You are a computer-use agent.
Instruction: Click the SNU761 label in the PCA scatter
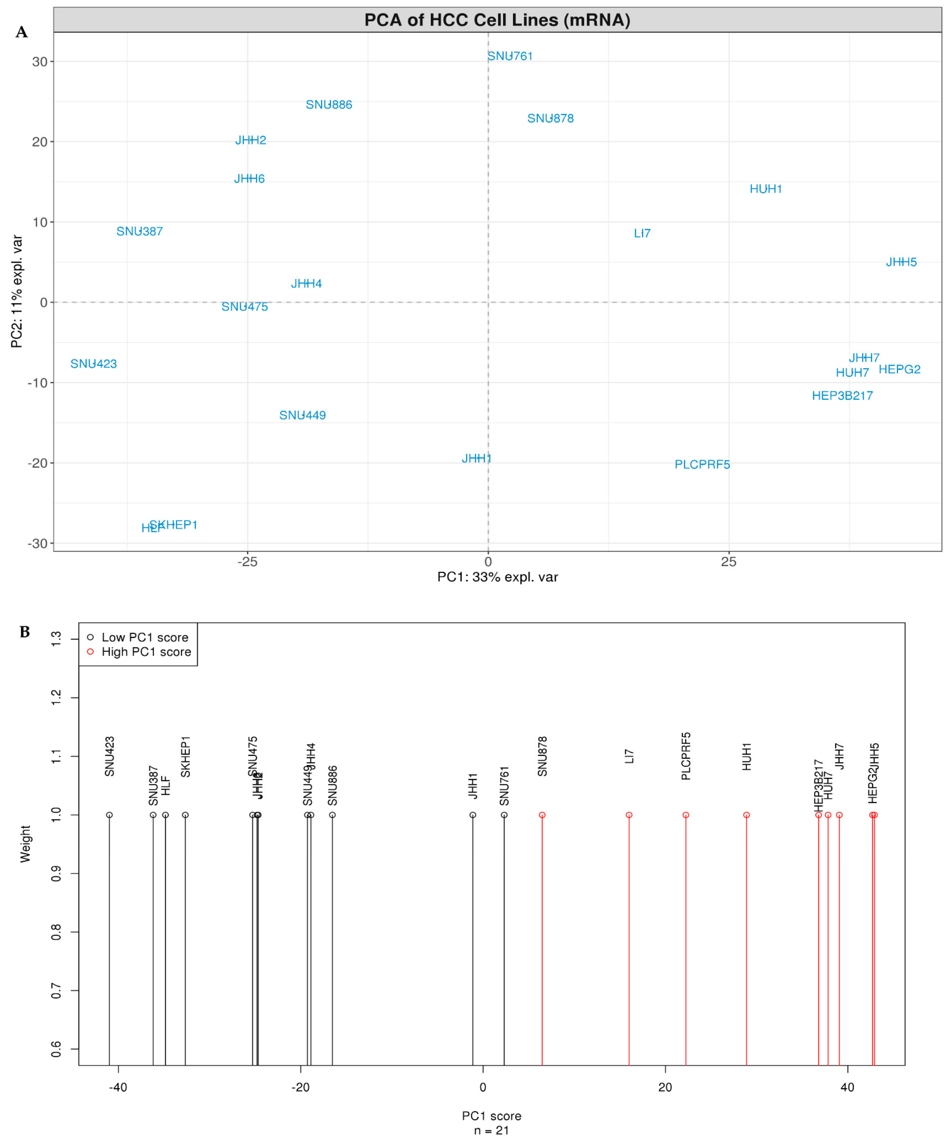coord(509,56)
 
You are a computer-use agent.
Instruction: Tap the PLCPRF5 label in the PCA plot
coord(702,465)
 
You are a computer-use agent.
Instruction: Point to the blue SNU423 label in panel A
coord(93,364)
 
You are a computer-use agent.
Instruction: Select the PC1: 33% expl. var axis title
coord(497,577)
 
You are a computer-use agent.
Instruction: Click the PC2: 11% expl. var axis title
coord(17,291)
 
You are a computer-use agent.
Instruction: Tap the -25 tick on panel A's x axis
coord(247,562)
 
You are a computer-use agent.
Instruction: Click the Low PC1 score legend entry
coord(145,637)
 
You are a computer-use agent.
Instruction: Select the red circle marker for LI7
coord(629,815)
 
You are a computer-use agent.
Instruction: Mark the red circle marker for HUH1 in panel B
coord(746,815)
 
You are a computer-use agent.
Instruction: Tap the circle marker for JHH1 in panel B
coord(473,815)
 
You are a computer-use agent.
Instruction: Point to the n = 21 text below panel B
coord(491,1131)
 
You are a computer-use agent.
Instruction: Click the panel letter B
coord(24,632)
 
